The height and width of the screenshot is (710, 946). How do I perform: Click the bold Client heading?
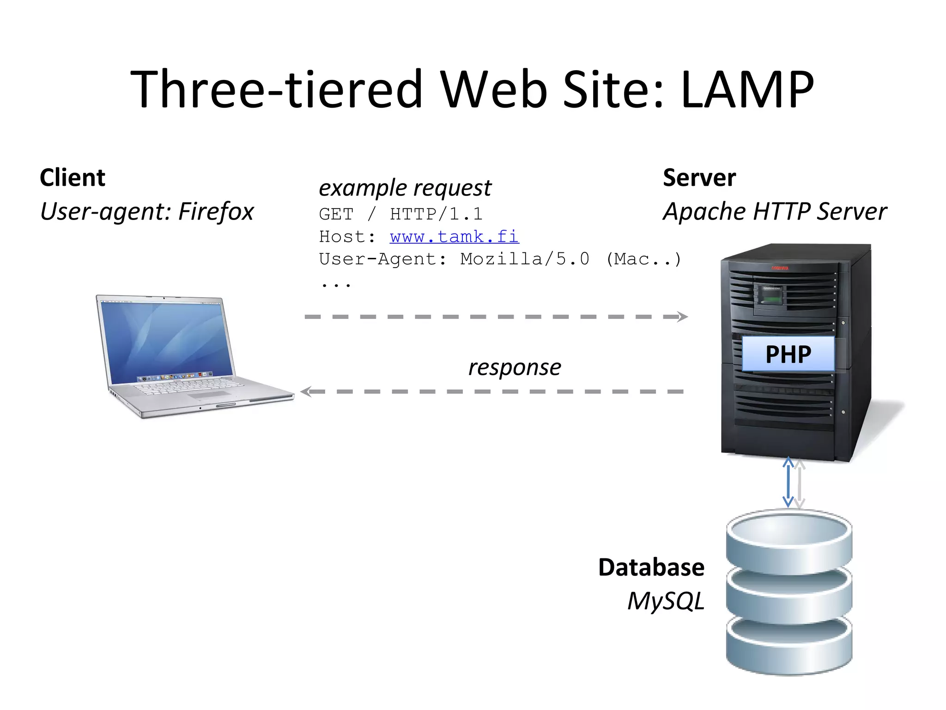[73, 178]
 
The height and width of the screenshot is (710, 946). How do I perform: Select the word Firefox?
[216, 212]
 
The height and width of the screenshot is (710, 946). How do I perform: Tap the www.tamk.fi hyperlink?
[454, 237]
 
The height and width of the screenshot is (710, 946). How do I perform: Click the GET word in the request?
[336, 214]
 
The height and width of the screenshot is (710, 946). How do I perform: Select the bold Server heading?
[699, 178]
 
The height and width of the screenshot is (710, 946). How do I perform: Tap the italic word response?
[515, 368]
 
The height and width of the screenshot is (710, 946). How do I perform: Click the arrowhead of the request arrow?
[682, 317]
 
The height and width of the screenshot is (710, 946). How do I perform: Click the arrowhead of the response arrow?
[306, 392]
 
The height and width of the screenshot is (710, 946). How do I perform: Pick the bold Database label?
[651, 568]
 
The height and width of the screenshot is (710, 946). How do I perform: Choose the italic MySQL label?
[666, 601]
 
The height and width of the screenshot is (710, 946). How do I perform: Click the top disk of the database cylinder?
[788, 541]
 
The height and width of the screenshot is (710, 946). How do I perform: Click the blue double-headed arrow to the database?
[788, 482]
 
